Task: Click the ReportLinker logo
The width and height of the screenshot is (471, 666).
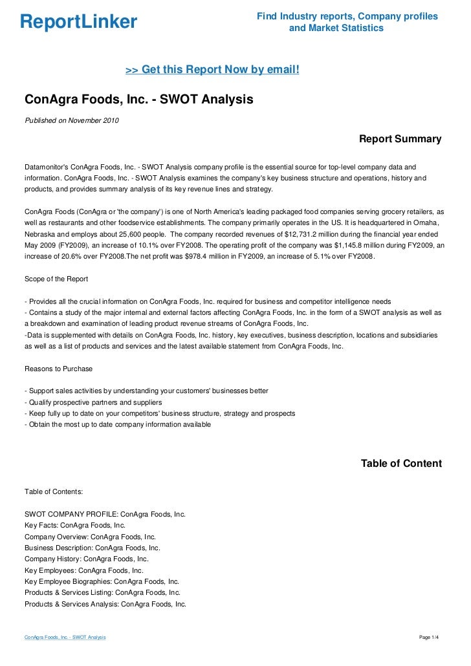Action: point(78,23)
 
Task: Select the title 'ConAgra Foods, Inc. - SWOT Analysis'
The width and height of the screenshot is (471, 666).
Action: point(138,100)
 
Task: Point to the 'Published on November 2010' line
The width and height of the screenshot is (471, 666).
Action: point(72,121)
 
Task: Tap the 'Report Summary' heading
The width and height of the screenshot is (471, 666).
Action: point(400,139)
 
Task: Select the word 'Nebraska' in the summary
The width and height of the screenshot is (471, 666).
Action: point(40,234)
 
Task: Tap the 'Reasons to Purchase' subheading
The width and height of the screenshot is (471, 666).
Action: point(58,369)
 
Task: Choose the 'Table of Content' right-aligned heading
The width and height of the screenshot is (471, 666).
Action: point(401,464)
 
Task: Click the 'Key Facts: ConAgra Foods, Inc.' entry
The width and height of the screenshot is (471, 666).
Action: point(75,525)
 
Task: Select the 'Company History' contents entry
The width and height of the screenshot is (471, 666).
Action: point(87,559)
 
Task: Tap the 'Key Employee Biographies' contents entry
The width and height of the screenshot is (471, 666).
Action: point(102,581)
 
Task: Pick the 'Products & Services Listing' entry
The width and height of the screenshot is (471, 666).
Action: point(102,592)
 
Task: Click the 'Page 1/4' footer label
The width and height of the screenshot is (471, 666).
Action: point(429,638)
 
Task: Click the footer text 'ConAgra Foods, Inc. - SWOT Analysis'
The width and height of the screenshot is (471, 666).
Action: point(65,638)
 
